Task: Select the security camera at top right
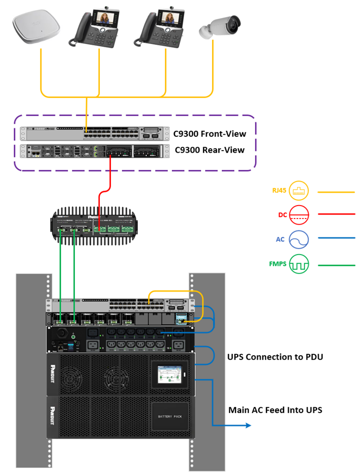tap(219, 28)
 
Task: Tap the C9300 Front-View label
tap(209, 134)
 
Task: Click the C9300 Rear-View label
tap(210, 149)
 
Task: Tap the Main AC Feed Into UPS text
tap(275, 410)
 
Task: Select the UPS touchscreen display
tap(169, 375)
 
